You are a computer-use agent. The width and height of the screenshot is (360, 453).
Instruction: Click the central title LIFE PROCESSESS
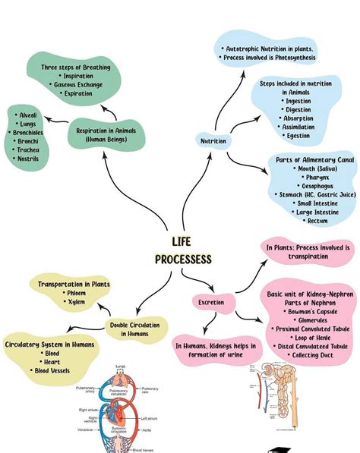(x=183, y=250)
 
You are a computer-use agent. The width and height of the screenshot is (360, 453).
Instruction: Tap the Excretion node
(x=211, y=302)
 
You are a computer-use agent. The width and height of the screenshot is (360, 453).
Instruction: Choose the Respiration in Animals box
(x=107, y=134)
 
